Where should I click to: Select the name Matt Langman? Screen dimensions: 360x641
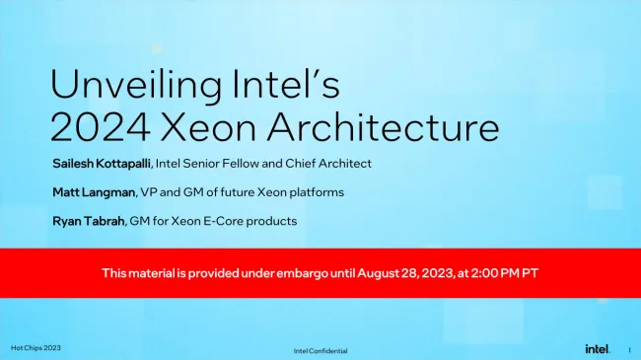(x=91, y=191)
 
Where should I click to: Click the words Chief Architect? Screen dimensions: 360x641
(x=337, y=163)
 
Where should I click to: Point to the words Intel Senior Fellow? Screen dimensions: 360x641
(x=228, y=163)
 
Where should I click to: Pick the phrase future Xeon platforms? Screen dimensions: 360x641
(x=292, y=191)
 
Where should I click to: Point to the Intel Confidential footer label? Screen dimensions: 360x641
(x=320, y=351)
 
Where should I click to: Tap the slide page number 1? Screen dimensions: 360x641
(x=628, y=349)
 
